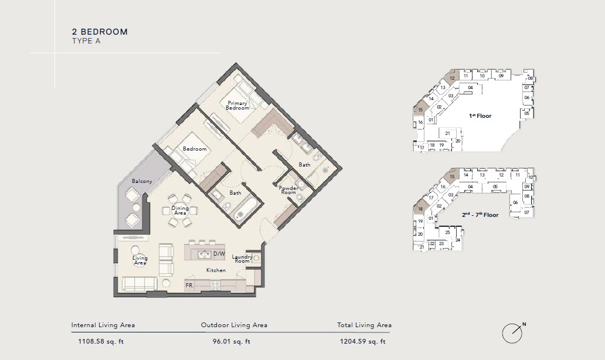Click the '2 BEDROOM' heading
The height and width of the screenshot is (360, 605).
click(100, 32)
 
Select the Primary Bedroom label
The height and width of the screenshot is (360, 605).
click(237, 106)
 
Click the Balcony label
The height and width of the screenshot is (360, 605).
click(142, 181)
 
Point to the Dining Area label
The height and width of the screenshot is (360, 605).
click(180, 210)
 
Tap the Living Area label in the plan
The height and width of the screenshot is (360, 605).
click(140, 260)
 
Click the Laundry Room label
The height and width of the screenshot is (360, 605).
click(242, 259)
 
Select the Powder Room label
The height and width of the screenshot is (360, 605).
click(288, 190)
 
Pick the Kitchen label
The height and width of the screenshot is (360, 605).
click(216, 270)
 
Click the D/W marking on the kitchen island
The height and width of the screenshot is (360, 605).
click(219, 254)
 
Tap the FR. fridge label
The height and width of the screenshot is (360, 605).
click(190, 286)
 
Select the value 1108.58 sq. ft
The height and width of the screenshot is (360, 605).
click(103, 341)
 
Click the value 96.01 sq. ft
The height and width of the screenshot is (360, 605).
click(232, 341)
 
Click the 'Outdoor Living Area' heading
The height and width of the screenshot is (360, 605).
click(234, 325)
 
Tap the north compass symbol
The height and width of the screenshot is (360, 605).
click(512, 333)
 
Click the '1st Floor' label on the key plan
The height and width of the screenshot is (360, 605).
click(480, 116)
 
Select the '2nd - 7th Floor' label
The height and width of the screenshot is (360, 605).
click(480, 215)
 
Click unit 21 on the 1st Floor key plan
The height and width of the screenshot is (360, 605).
click(447, 133)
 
